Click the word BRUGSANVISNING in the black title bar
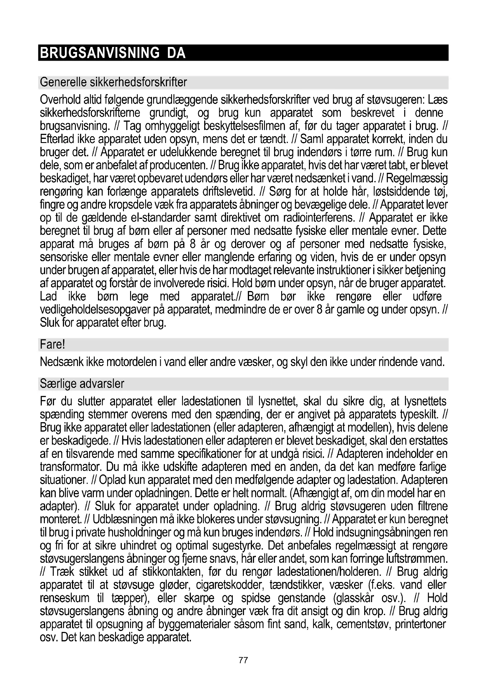(x=99, y=53)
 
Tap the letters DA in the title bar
(x=176, y=53)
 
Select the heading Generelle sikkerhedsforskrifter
(x=113, y=82)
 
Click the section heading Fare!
(x=52, y=344)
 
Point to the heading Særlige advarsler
(x=82, y=384)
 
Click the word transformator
(x=72, y=467)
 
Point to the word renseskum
(x=65, y=598)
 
